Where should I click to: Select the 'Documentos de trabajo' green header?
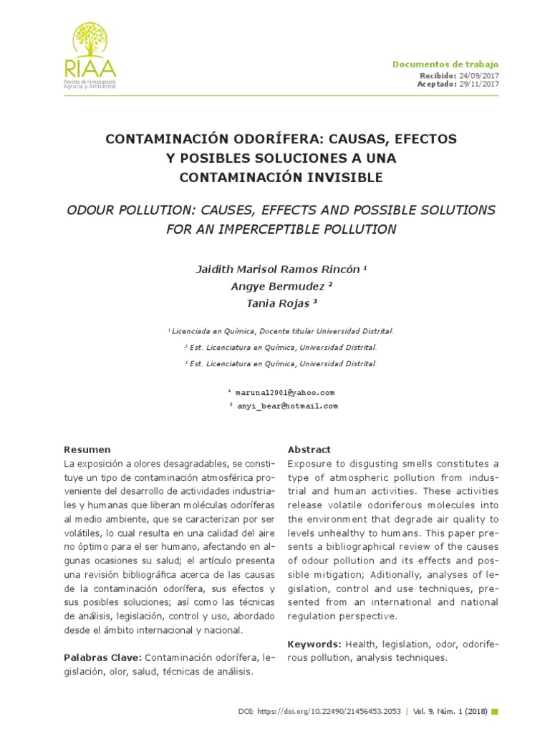coord(445,65)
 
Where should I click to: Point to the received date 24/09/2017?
coord(479,75)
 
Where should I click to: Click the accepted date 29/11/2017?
coord(479,84)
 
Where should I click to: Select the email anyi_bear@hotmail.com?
coord(286,406)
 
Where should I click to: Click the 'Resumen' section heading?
coord(87,449)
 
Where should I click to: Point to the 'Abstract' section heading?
coord(309,449)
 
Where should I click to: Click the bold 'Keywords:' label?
coord(314,644)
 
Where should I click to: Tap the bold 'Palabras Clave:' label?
coord(103,657)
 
